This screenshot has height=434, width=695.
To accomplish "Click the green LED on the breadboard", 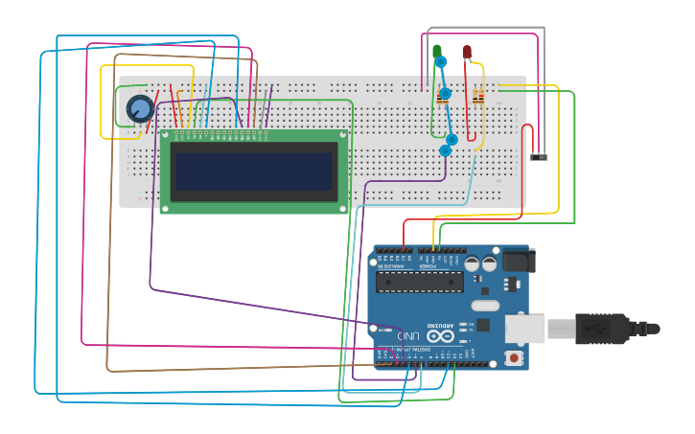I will click(x=437, y=52).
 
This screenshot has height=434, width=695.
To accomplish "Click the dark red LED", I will click(x=467, y=52).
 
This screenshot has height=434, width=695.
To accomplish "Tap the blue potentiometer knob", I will click(x=140, y=109).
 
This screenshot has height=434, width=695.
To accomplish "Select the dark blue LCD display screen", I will click(x=253, y=171).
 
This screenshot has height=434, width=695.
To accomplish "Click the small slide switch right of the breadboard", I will click(x=539, y=156).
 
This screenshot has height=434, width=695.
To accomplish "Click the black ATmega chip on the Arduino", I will click(x=419, y=281).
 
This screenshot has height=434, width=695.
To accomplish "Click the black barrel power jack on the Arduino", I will click(x=519, y=260).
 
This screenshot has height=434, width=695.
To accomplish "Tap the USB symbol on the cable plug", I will click(x=593, y=329).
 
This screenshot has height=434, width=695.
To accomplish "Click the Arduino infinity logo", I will click(x=441, y=336).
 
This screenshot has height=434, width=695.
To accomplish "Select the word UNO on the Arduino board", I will click(x=409, y=336).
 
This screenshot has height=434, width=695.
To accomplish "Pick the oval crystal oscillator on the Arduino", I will click(x=485, y=306).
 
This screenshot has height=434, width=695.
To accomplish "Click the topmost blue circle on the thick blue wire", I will click(x=441, y=62).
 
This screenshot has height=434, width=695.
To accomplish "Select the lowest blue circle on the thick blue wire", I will click(x=445, y=150).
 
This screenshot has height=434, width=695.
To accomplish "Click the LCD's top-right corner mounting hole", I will click(x=343, y=135).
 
